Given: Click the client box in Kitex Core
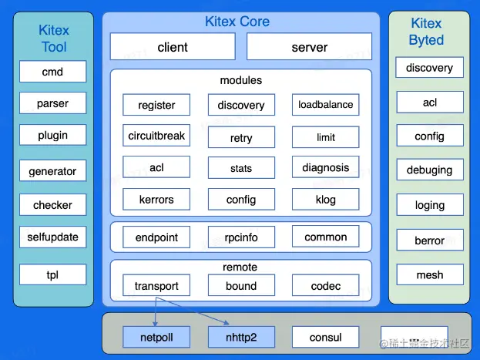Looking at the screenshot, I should pos(173,47).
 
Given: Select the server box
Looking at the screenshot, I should pos(309,47).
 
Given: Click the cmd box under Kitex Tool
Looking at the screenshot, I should pos(53,72).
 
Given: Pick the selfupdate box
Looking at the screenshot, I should pos(53,237).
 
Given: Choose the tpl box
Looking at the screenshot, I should pos(53,274).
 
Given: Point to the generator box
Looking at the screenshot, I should pos(53,170).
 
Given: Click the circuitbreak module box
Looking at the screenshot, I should pos(156,136).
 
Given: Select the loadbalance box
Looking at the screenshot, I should pos(325,105).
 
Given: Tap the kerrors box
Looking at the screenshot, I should pos(156,200).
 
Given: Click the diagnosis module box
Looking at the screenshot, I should pos(325,167).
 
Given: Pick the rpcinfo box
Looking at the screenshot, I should pos(241,237).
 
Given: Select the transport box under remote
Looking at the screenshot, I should pos(156,286).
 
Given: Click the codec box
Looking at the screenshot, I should pos(325,286).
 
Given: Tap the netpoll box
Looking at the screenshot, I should pos(156,337).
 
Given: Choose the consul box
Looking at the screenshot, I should pos(325,337).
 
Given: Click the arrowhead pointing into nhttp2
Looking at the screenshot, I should pos(227,324).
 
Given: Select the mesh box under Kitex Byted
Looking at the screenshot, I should pos(430,274).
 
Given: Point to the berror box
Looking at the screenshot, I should pos(430,241).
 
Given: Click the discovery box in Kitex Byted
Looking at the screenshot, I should pos(430,68).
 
